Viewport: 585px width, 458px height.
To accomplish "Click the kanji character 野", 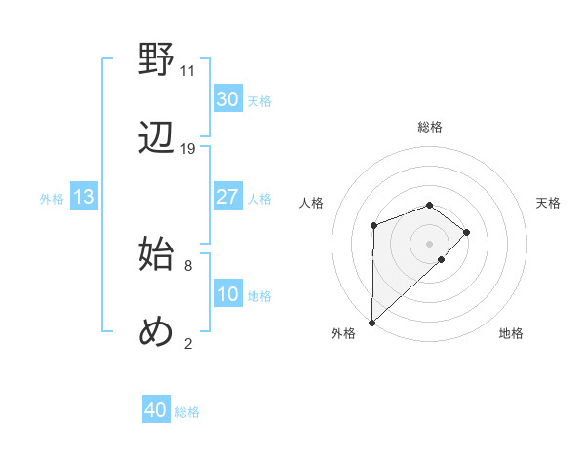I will click(x=157, y=60).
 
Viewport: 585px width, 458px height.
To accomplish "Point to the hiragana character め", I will click(x=157, y=331).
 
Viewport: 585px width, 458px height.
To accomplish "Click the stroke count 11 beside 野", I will click(x=187, y=71).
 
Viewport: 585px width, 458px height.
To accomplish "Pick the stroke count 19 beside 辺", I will click(x=188, y=149).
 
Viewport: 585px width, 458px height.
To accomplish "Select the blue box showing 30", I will click(x=227, y=99).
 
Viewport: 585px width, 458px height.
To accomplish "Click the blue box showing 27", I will click(x=227, y=197).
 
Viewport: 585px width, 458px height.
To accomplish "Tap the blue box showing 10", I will click(x=227, y=294).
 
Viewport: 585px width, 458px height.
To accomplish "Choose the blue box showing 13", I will click(x=84, y=197).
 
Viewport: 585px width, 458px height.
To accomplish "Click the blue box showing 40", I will click(x=155, y=411).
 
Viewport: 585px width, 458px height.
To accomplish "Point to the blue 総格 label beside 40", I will click(x=187, y=412).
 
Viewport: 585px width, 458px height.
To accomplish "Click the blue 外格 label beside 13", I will click(x=52, y=199).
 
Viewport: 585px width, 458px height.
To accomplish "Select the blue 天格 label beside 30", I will click(x=258, y=101).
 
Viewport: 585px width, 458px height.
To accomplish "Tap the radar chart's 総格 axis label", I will click(x=429, y=127).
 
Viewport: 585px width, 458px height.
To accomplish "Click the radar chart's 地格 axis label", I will click(x=511, y=333).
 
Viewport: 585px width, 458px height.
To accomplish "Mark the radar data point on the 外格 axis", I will click(x=371, y=322).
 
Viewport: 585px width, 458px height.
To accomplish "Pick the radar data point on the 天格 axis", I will click(x=467, y=232).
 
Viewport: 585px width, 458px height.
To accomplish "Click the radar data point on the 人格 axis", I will click(x=373, y=226).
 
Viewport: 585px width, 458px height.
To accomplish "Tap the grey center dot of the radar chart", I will click(x=429, y=244).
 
